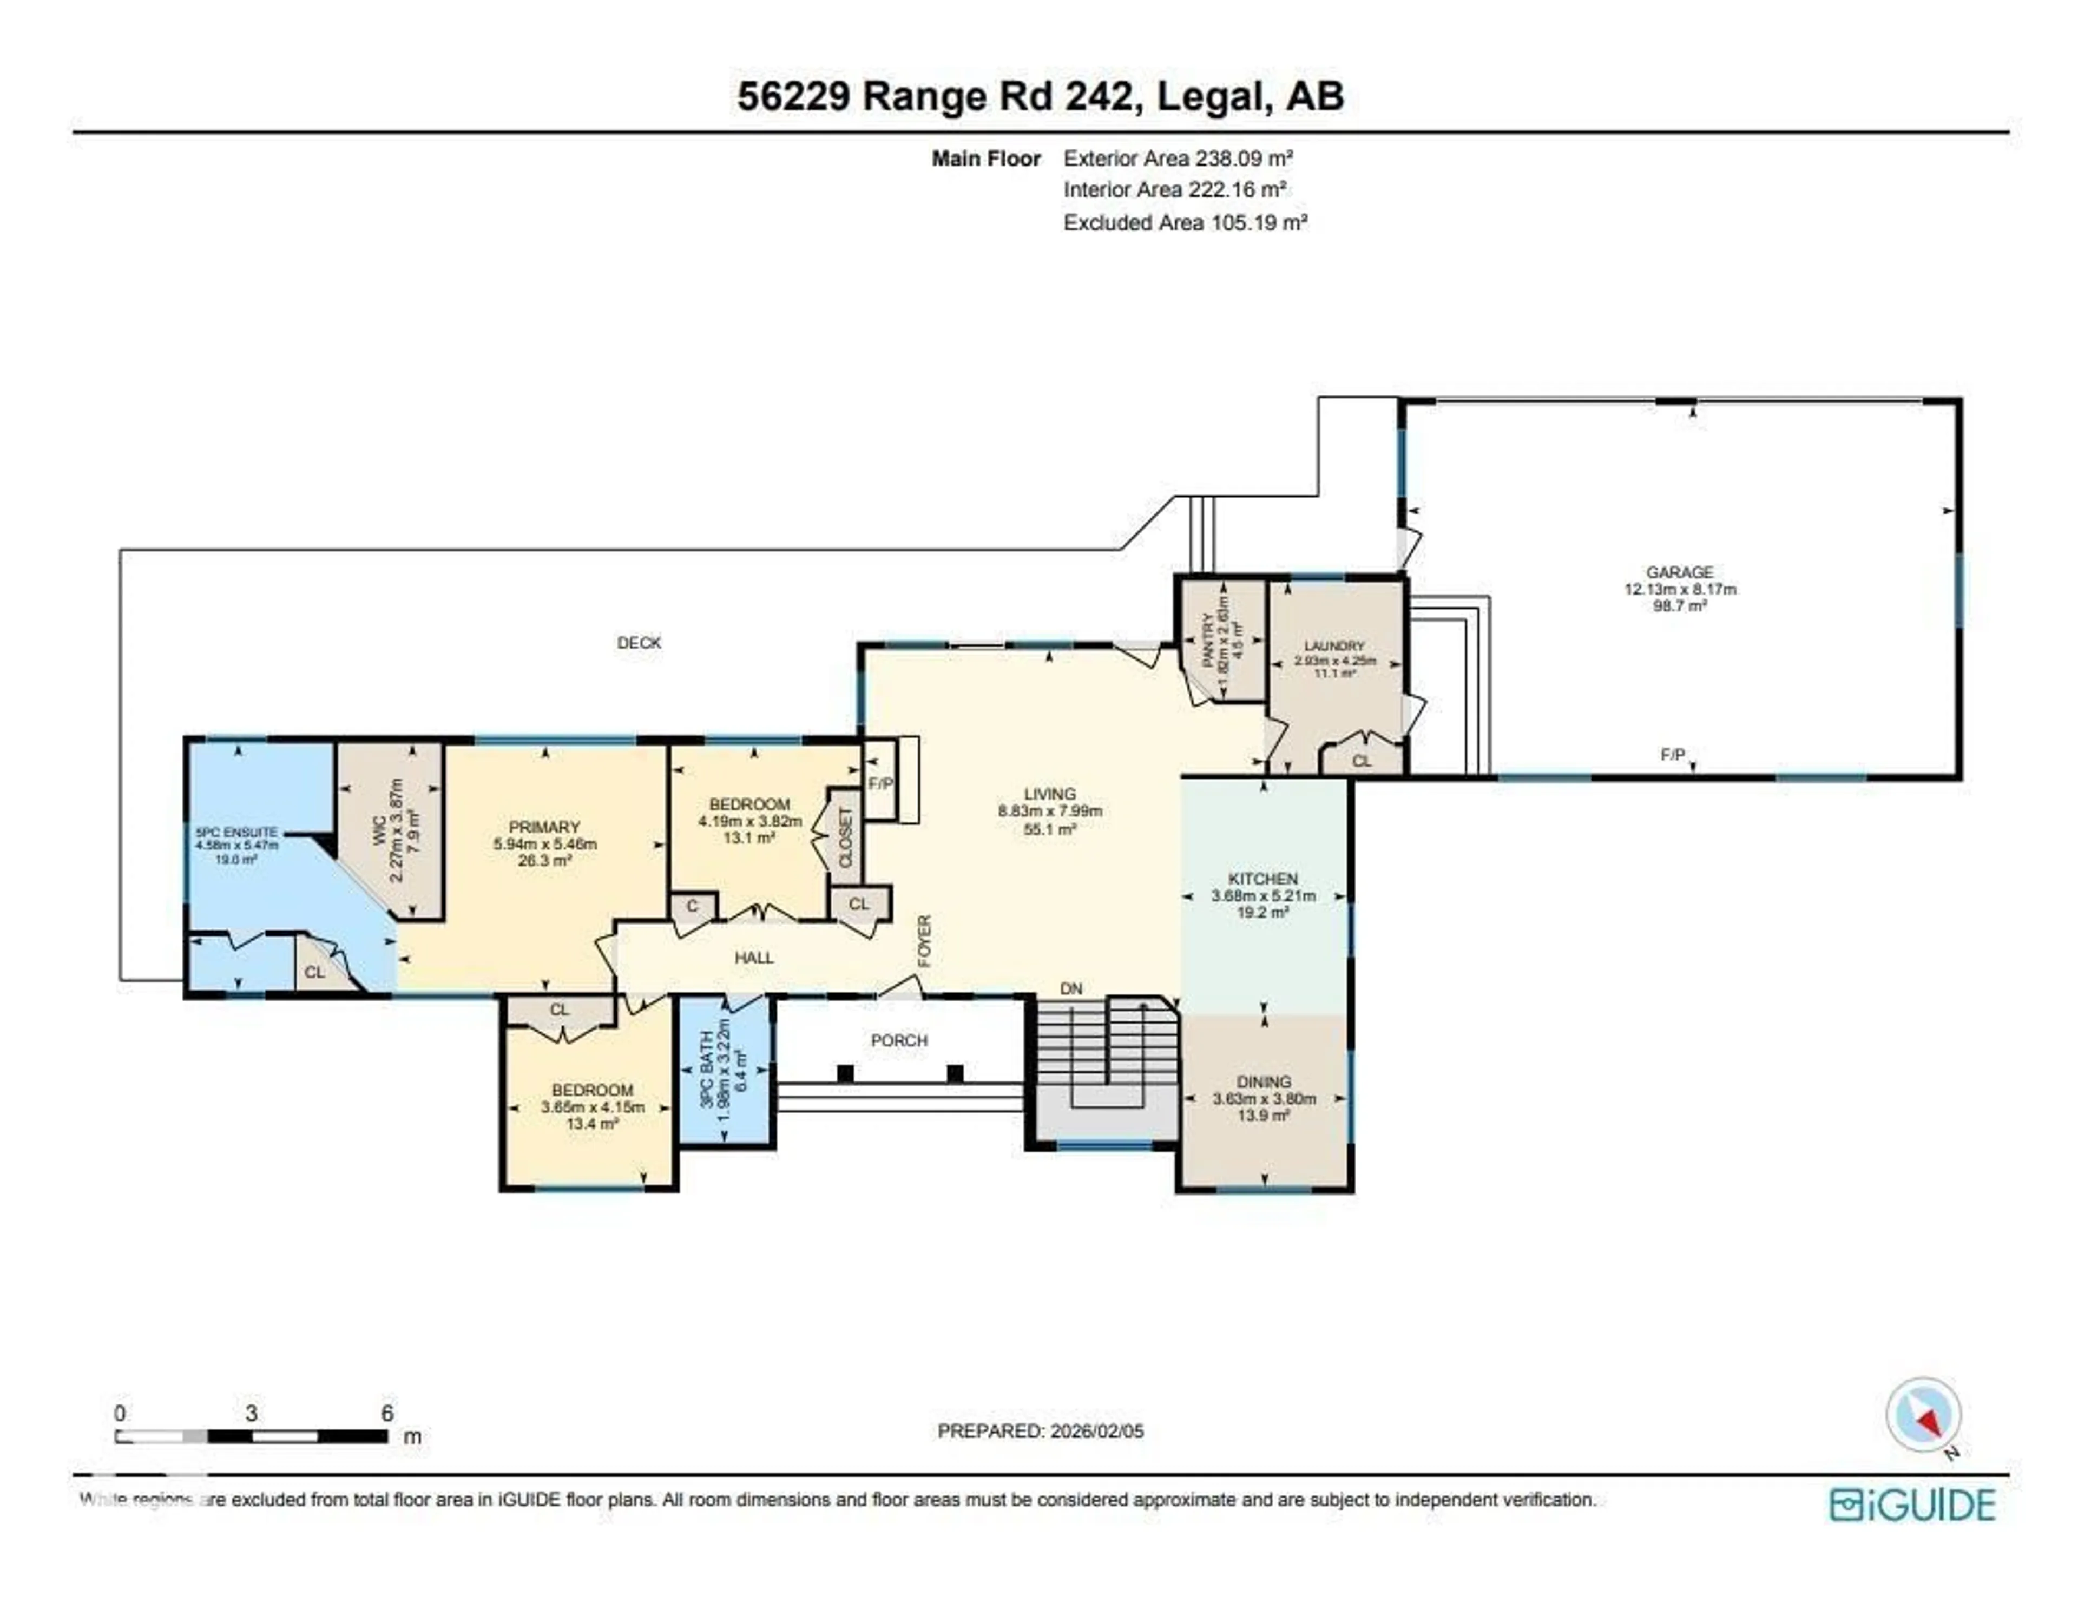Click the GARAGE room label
tap(1679, 572)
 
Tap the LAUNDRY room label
tap(1334, 646)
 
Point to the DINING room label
tap(1264, 1081)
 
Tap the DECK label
tap(639, 643)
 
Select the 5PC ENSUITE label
tap(236, 833)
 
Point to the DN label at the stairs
tap(1071, 988)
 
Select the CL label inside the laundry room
tap(1362, 761)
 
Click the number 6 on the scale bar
tap(387, 1413)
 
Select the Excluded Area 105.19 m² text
tap(1185, 222)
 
